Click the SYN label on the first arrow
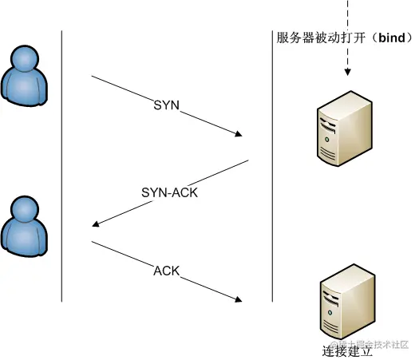tap(167, 105)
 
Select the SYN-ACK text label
tap(169, 193)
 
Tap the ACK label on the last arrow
tap(167, 270)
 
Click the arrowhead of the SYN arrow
tap(239, 135)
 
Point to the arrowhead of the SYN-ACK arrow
tap(97, 224)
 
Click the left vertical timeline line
tap(61, 168)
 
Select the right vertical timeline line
tap(272, 168)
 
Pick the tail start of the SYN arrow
tap(93, 77)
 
